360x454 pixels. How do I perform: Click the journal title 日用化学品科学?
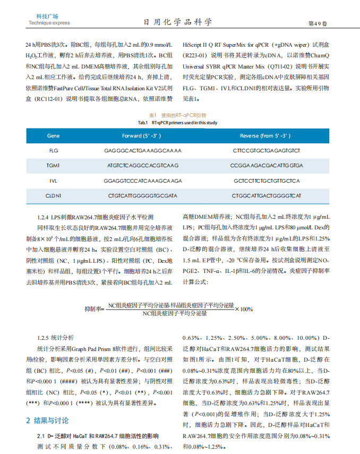click(178, 22)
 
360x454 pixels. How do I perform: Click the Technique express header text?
click(49, 23)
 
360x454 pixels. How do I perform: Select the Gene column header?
click(54, 136)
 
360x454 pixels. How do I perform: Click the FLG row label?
click(54, 151)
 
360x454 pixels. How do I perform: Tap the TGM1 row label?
click(54, 166)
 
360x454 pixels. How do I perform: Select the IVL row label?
click(54, 181)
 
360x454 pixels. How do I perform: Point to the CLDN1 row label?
click(54, 196)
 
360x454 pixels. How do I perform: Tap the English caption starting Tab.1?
click(177, 123)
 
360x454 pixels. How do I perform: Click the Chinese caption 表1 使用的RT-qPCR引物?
click(177, 115)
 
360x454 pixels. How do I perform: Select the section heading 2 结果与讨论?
click(48, 421)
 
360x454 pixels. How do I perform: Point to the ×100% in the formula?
click(244, 309)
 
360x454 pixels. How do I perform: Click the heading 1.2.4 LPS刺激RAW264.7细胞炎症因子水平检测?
click(96, 218)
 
